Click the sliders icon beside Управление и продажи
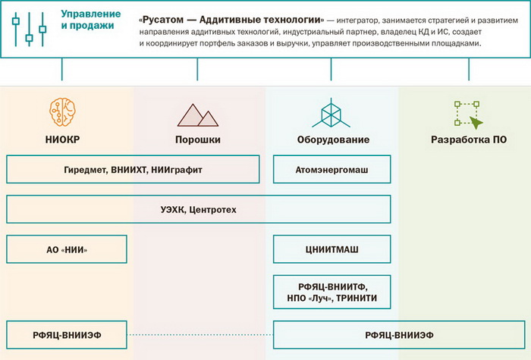(29, 29)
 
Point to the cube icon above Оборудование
(331, 113)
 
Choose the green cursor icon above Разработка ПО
(467, 113)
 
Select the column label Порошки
(197, 140)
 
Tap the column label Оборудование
(331, 140)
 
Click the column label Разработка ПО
(467, 140)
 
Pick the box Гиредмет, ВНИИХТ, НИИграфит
(133, 170)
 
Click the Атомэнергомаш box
(331, 170)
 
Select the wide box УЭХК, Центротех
(198, 209)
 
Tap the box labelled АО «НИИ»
(66, 249)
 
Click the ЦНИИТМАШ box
(331, 249)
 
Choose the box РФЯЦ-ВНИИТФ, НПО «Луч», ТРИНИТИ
(331, 293)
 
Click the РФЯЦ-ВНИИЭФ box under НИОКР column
(66, 335)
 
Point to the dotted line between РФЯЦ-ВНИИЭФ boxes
(200, 335)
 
